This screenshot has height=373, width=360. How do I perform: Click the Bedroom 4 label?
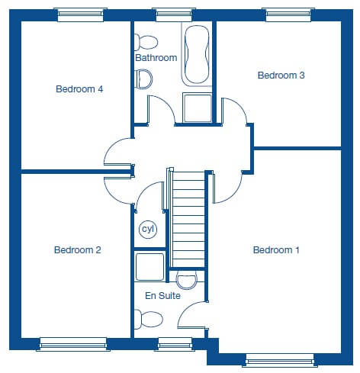click(x=79, y=89)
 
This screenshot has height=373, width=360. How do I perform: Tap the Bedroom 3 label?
click(x=281, y=76)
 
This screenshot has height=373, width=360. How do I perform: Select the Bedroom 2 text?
click(x=78, y=250)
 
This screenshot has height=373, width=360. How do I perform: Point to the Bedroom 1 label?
click(x=276, y=250)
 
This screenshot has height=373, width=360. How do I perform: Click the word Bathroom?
click(x=156, y=58)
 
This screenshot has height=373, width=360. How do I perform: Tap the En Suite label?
click(x=162, y=296)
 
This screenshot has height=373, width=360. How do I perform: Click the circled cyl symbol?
click(x=148, y=230)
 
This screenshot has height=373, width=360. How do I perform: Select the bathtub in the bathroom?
click(x=197, y=54)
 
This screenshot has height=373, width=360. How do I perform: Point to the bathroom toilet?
click(x=146, y=42)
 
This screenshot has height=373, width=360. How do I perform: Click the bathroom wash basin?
click(x=143, y=79)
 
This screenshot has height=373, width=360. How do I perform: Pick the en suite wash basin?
click(x=187, y=280)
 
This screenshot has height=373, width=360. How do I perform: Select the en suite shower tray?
click(x=149, y=267)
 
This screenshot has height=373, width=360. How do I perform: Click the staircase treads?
click(x=188, y=220)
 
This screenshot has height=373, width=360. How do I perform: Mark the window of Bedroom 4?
click(x=81, y=14)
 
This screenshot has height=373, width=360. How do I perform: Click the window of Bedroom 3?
click(x=288, y=14)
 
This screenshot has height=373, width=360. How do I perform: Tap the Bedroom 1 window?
click(x=280, y=360)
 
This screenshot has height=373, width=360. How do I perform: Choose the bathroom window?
click(x=174, y=14)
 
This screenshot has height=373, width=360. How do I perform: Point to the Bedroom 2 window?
click(x=73, y=345)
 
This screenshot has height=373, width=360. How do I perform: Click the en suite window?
click(x=175, y=345)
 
